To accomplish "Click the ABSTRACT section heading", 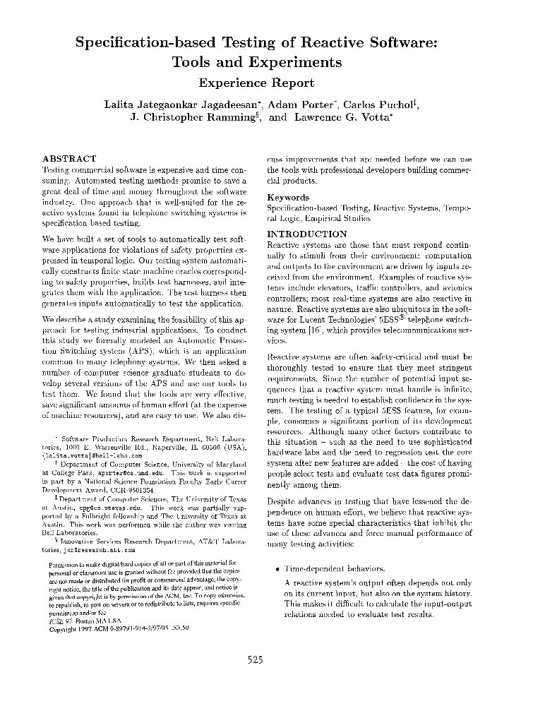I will click(x=69, y=160).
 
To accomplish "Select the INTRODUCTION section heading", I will click(x=307, y=234).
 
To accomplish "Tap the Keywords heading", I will click(x=288, y=198).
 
